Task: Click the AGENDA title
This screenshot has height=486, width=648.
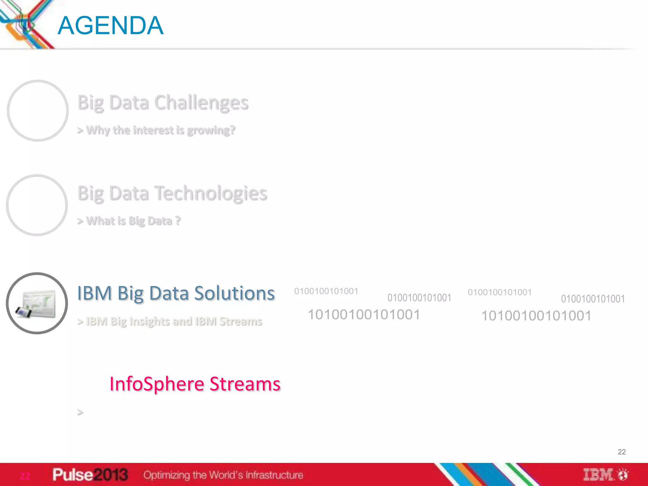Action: [110, 25]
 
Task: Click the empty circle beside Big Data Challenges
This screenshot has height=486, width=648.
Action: [38, 110]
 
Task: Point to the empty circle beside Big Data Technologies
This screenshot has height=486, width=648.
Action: [37, 205]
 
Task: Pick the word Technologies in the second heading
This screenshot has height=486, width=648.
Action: [211, 193]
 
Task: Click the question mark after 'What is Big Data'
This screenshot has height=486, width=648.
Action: [178, 220]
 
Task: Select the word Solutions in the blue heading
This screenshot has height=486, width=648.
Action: [234, 293]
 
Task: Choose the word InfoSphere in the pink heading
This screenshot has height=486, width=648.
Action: [157, 384]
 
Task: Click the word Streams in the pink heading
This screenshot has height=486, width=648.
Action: [245, 384]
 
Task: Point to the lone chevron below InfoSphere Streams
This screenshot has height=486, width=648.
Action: [80, 412]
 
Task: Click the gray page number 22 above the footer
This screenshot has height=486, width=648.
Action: [621, 452]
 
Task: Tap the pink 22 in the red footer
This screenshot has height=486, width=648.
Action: [25, 476]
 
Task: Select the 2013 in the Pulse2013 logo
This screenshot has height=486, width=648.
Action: [111, 475]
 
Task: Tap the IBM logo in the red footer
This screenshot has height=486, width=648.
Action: [598, 475]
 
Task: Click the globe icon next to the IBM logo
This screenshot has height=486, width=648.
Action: [623, 475]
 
